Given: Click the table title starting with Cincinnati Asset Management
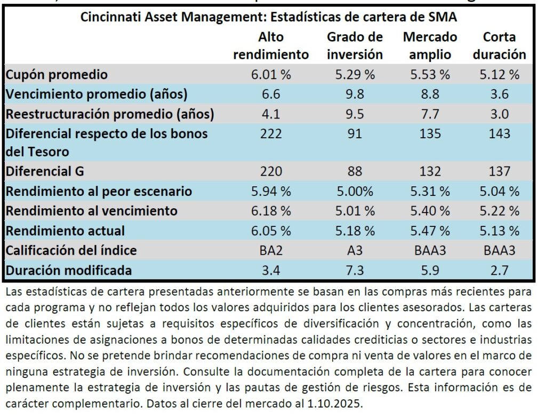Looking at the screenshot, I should point(269,17).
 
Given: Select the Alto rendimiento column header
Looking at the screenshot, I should point(271,46).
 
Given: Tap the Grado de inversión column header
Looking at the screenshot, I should point(355,46).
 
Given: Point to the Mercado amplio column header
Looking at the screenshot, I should point(430,46).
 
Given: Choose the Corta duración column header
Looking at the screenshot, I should point(499,46).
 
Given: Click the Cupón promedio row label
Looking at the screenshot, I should point(57,75).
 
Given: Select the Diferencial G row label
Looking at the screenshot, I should point(45,171).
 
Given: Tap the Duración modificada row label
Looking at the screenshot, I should point(69,270).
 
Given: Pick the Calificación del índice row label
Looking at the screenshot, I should point(71,250).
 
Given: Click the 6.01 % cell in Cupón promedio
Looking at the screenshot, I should point(271,75).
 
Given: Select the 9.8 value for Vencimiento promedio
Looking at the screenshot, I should point(355,94).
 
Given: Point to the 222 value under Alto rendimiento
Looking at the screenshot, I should point(271,133).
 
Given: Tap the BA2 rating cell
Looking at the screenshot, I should point(271,250).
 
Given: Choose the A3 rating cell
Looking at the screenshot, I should point(355,250).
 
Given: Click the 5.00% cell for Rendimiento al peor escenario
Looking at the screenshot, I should point(355,191).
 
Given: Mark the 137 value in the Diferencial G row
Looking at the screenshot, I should point(499,171).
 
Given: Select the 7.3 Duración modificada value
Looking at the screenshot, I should point(355,270).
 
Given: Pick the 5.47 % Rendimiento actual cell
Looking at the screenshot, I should point(430,231).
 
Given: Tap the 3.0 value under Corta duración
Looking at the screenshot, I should point(499,114).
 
